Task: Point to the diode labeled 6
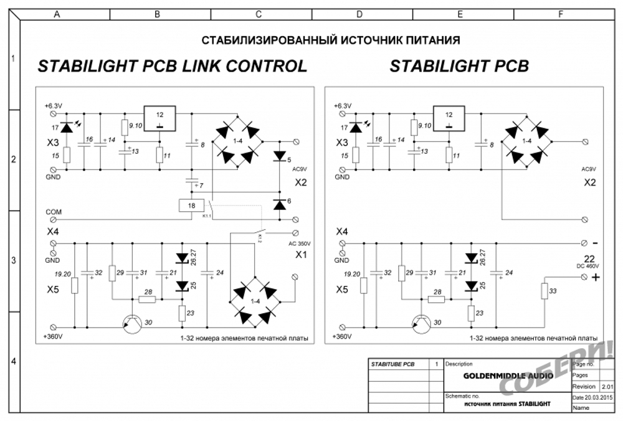279,203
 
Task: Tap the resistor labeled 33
544,291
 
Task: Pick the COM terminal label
54,212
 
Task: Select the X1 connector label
302,255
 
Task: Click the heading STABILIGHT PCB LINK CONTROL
173,67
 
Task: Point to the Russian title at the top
330,41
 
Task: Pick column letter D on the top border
359,14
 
